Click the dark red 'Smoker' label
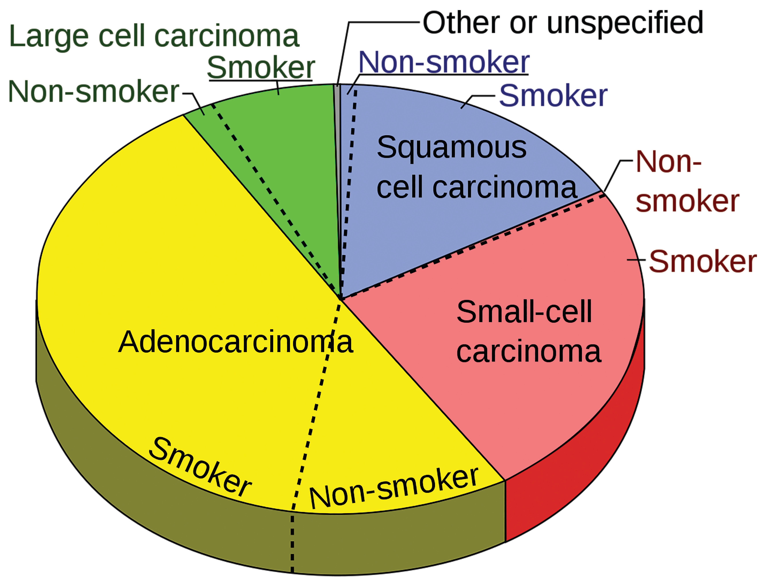702,262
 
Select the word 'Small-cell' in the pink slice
524,312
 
